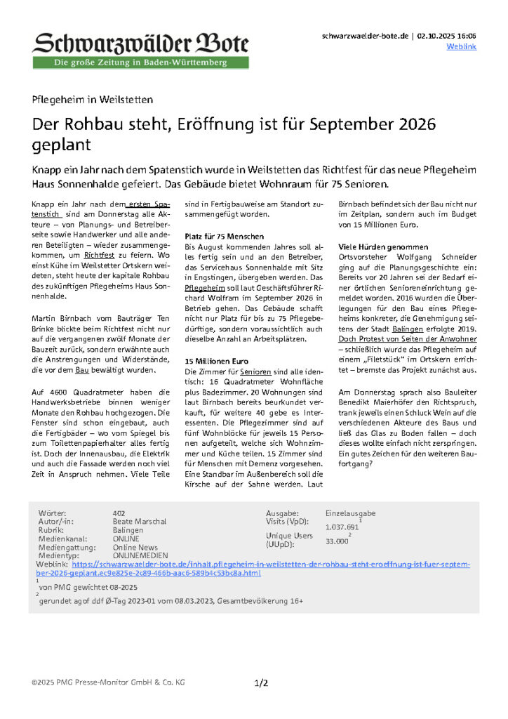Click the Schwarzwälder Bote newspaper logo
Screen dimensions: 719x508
click(140, 44)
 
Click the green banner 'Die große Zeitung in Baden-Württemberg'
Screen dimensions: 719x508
click(140, 63)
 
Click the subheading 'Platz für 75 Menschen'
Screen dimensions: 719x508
click(224, 236)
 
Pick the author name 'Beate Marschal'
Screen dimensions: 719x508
click(139, 522)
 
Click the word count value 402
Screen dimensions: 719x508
click(119, 513)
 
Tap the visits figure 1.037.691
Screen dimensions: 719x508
click(342, 527)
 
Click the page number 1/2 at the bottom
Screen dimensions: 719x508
click(260, 682)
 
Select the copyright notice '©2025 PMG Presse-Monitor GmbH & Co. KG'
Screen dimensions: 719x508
click(108, 682)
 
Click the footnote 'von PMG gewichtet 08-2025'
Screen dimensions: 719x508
click(88, 586)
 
